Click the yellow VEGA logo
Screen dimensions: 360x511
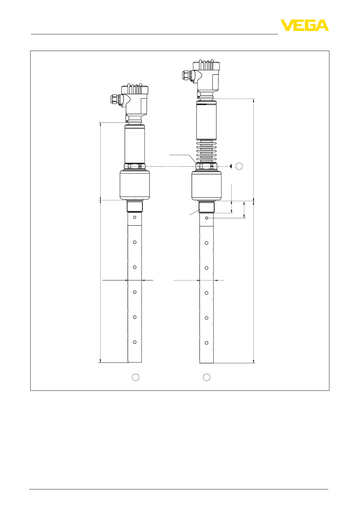click(304, 25)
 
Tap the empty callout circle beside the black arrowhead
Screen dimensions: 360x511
click(239, 166)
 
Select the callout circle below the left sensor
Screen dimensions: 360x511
click(136, 377)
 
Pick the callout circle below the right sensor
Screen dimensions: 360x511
click(207, 377)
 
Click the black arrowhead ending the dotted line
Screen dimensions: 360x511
click(230, 166)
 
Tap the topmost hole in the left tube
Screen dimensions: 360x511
click(135, 217)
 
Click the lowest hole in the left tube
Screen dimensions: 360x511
click(135, 342)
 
